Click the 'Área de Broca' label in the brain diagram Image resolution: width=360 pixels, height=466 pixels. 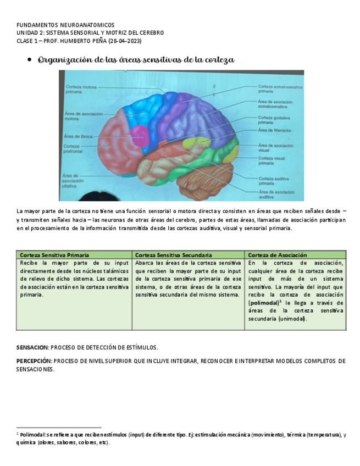(x=77, y=136)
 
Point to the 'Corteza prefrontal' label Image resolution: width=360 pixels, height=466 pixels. (x=75, y=149)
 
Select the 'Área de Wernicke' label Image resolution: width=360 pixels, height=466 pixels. (x=273, y=130)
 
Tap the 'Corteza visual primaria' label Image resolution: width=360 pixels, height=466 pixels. (x=272, y=161)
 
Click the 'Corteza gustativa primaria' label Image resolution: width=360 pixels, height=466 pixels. (x=274, y=120)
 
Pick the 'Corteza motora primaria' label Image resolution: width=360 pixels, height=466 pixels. (x=81, y=89)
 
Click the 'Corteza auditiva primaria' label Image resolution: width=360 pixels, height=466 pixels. (x=274, y=181)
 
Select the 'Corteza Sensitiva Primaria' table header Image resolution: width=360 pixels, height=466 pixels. (x=54, y=255)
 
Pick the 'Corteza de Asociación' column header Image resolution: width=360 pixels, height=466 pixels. (x=278, y=255)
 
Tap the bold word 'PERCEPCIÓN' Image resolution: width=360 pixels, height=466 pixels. (x=34, y=361)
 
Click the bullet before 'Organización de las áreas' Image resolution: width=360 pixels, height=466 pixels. (x=29, y=60)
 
